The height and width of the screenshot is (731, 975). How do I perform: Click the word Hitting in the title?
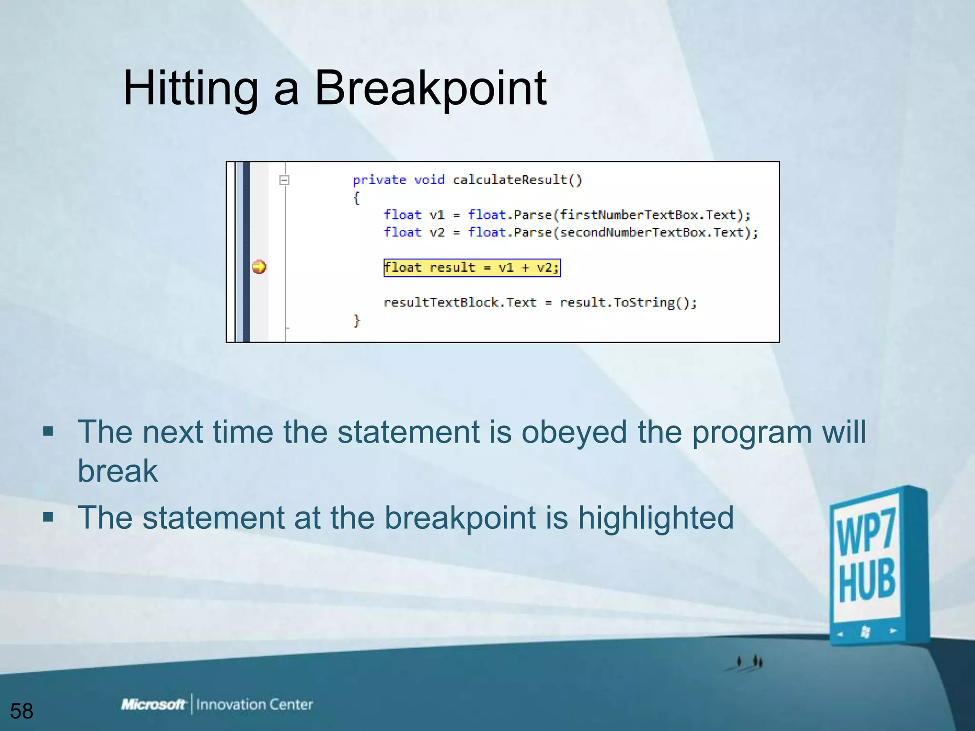pos(190,88)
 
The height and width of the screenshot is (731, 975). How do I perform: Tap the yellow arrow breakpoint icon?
pos(259,267)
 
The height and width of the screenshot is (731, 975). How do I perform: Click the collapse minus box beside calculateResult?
pos(284,180)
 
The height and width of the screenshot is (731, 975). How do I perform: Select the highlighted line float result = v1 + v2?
pos(472,267)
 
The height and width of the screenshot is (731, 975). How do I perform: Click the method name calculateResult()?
pos(517,180)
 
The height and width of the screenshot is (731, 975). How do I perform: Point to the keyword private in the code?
pos(379,180)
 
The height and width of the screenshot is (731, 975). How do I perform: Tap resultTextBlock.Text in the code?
pos(459,303)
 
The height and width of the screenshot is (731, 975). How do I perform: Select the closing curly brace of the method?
pos(357,320)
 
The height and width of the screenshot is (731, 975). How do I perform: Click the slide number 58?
pos(21,711)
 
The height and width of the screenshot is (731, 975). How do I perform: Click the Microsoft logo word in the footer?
pos(153,704)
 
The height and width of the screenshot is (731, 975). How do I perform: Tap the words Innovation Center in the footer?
pos(254,704)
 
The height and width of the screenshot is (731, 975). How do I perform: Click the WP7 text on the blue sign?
pos(866,532)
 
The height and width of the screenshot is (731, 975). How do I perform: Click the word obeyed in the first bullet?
pos(574,432)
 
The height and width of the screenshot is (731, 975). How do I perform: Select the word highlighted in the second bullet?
pos(656,518)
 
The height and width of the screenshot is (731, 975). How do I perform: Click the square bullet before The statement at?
pos(48,517)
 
